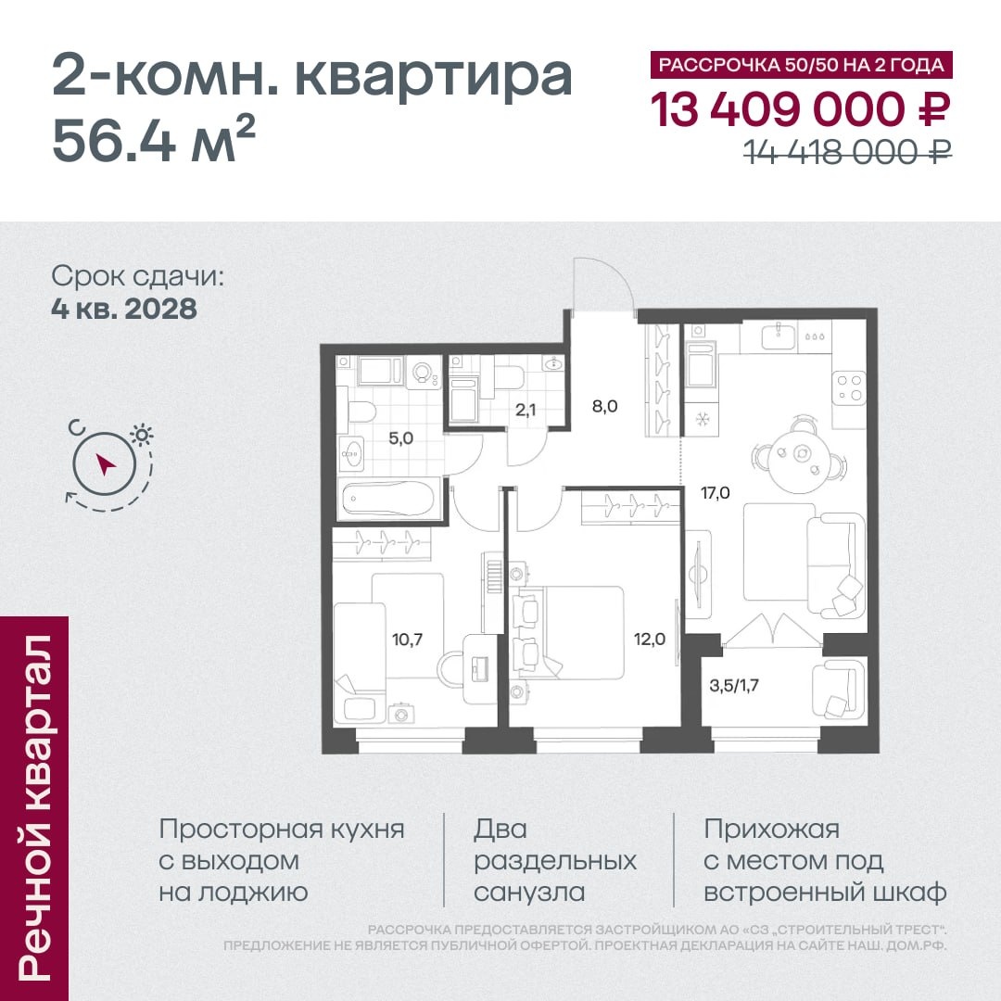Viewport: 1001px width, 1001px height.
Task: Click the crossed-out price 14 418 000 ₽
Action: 848,151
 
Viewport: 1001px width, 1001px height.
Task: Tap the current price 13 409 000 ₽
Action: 801,109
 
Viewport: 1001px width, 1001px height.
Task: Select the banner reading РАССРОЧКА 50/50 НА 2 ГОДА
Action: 801,65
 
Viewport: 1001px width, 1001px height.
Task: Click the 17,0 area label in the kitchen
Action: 715,493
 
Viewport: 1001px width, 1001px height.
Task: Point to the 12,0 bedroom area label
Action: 649,639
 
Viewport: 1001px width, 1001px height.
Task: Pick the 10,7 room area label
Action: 407,639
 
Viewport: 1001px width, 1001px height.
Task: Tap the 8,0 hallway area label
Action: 604,406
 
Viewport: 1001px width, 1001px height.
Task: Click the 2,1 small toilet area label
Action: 526,410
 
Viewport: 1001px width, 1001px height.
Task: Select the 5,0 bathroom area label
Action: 401,437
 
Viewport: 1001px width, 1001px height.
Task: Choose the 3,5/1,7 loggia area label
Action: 734,686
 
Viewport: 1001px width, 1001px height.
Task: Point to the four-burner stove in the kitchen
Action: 849,388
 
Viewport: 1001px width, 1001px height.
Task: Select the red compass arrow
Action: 105,464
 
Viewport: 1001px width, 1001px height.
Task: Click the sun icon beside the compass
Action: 141,436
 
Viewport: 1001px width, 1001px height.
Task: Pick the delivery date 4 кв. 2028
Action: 124,309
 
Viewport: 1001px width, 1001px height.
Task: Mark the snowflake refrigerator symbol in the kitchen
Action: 703,420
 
